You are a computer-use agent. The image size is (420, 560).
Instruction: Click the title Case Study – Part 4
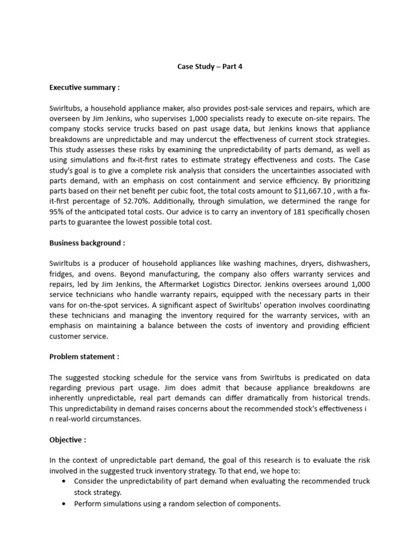click(210, 67)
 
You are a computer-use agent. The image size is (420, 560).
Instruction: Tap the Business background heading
click(87, 243)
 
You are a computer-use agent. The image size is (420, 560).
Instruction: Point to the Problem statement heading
click(84, 357)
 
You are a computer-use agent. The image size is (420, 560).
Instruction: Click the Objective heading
click(68, 440)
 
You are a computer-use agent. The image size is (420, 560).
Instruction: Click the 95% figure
click(57, 212)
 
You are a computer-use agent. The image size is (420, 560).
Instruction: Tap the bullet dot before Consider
click(65, 481)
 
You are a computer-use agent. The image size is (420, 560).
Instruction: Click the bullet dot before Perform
click(65, 504)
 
